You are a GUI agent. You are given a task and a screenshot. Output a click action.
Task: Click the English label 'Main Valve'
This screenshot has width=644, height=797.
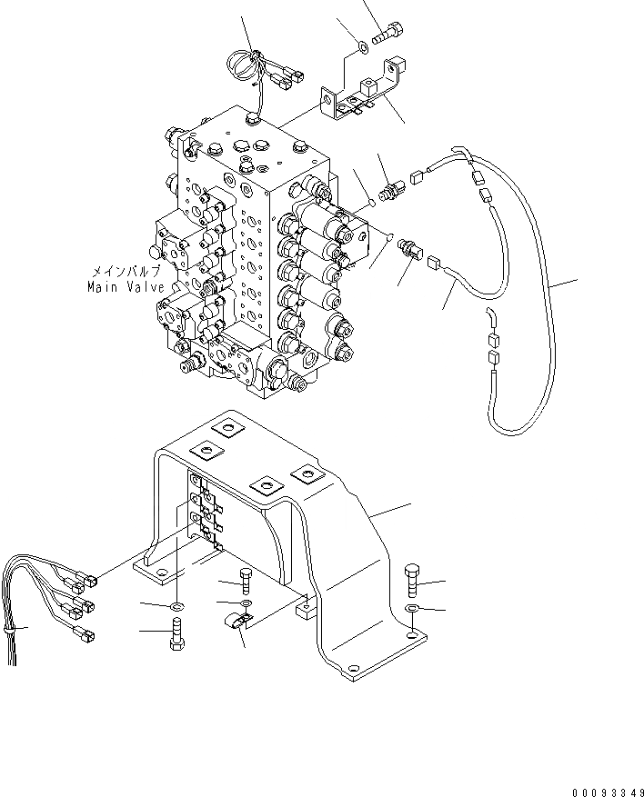coord(126,287)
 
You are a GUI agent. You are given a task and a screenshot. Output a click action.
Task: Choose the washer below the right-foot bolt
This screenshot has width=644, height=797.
coord(411,609)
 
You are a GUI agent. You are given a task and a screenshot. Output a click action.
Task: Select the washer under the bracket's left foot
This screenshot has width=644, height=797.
coord(176,604)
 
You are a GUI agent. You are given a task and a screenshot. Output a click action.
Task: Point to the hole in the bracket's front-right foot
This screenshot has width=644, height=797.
coord(412,630)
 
